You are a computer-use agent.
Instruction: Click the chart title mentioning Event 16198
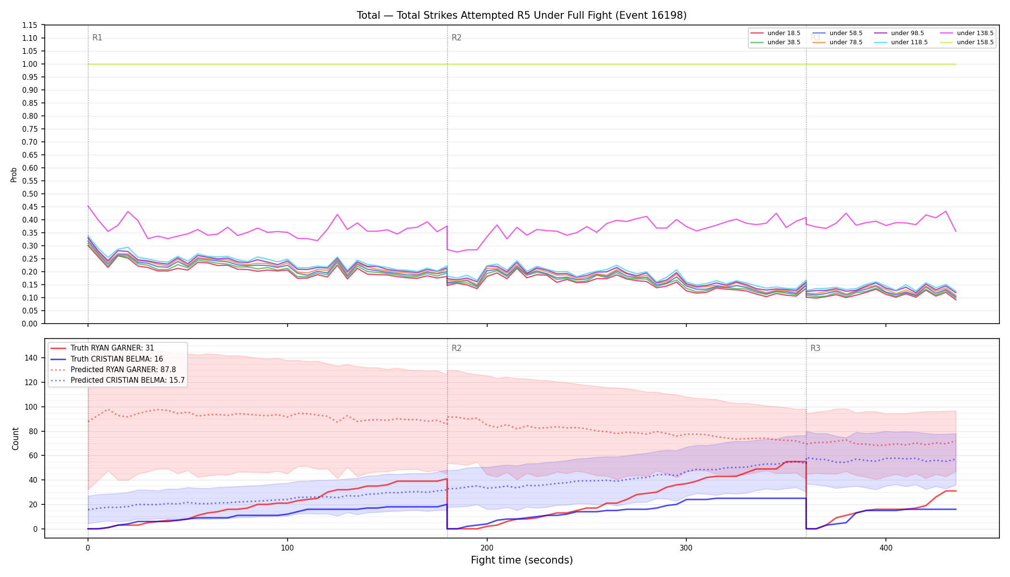tap(521, 15)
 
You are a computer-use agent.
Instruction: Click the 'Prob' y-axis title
tap(14, 175)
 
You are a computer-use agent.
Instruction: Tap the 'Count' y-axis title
tap(15, 439)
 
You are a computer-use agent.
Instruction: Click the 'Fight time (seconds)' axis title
tap(522, 560)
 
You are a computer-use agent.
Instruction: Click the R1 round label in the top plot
tap(97, 38)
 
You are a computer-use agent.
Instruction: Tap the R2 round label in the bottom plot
tap(456, 348)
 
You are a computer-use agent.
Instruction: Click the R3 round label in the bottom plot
tap(815, 348)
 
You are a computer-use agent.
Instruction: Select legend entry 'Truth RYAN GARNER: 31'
tap(112, 348)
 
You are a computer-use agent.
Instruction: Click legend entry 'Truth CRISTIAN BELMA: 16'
tap(116, 359)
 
